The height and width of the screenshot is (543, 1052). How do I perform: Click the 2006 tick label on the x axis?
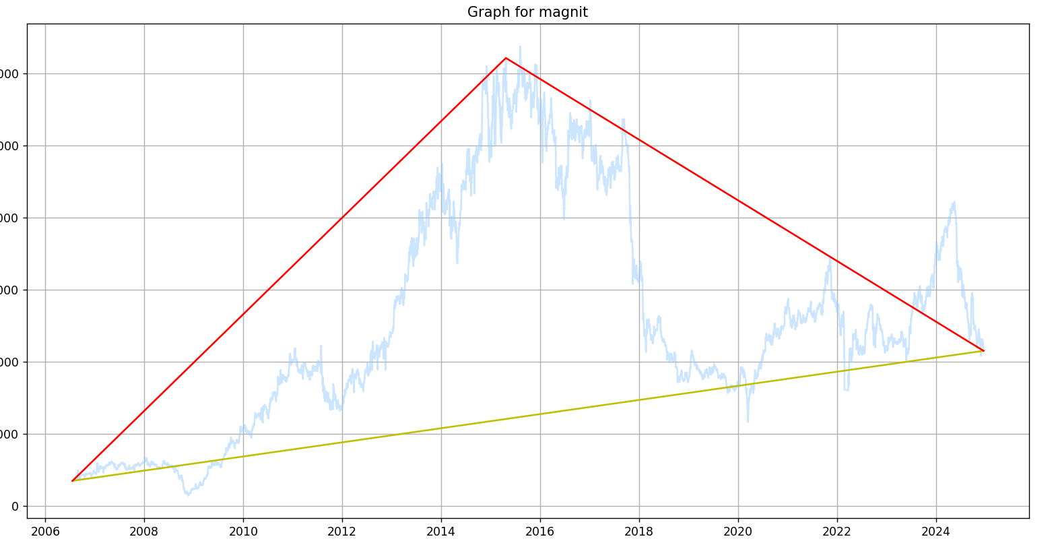45,530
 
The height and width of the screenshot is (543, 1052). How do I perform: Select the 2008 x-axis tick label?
144,530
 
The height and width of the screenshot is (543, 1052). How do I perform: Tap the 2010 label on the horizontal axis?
243,530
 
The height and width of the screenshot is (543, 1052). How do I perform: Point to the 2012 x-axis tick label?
342,530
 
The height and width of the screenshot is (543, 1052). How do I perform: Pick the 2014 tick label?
441,530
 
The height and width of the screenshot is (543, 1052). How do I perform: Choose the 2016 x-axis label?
540,530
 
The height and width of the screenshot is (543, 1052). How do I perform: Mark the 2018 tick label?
639,530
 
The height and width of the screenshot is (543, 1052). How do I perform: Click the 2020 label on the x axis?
738,530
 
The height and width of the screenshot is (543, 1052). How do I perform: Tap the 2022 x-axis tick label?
837,530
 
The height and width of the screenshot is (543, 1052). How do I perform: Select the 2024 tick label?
936,530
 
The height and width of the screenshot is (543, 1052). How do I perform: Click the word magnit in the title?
566,12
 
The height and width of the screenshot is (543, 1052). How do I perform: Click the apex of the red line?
506,58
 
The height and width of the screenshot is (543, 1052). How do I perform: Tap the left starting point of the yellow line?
72,481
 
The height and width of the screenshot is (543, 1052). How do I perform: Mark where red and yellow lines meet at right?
983,351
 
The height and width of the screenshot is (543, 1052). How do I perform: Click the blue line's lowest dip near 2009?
189,495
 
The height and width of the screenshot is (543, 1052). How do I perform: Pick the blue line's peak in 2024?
954,201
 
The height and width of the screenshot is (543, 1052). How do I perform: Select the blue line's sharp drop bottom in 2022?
846,390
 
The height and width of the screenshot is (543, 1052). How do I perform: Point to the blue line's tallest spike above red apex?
520,46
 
